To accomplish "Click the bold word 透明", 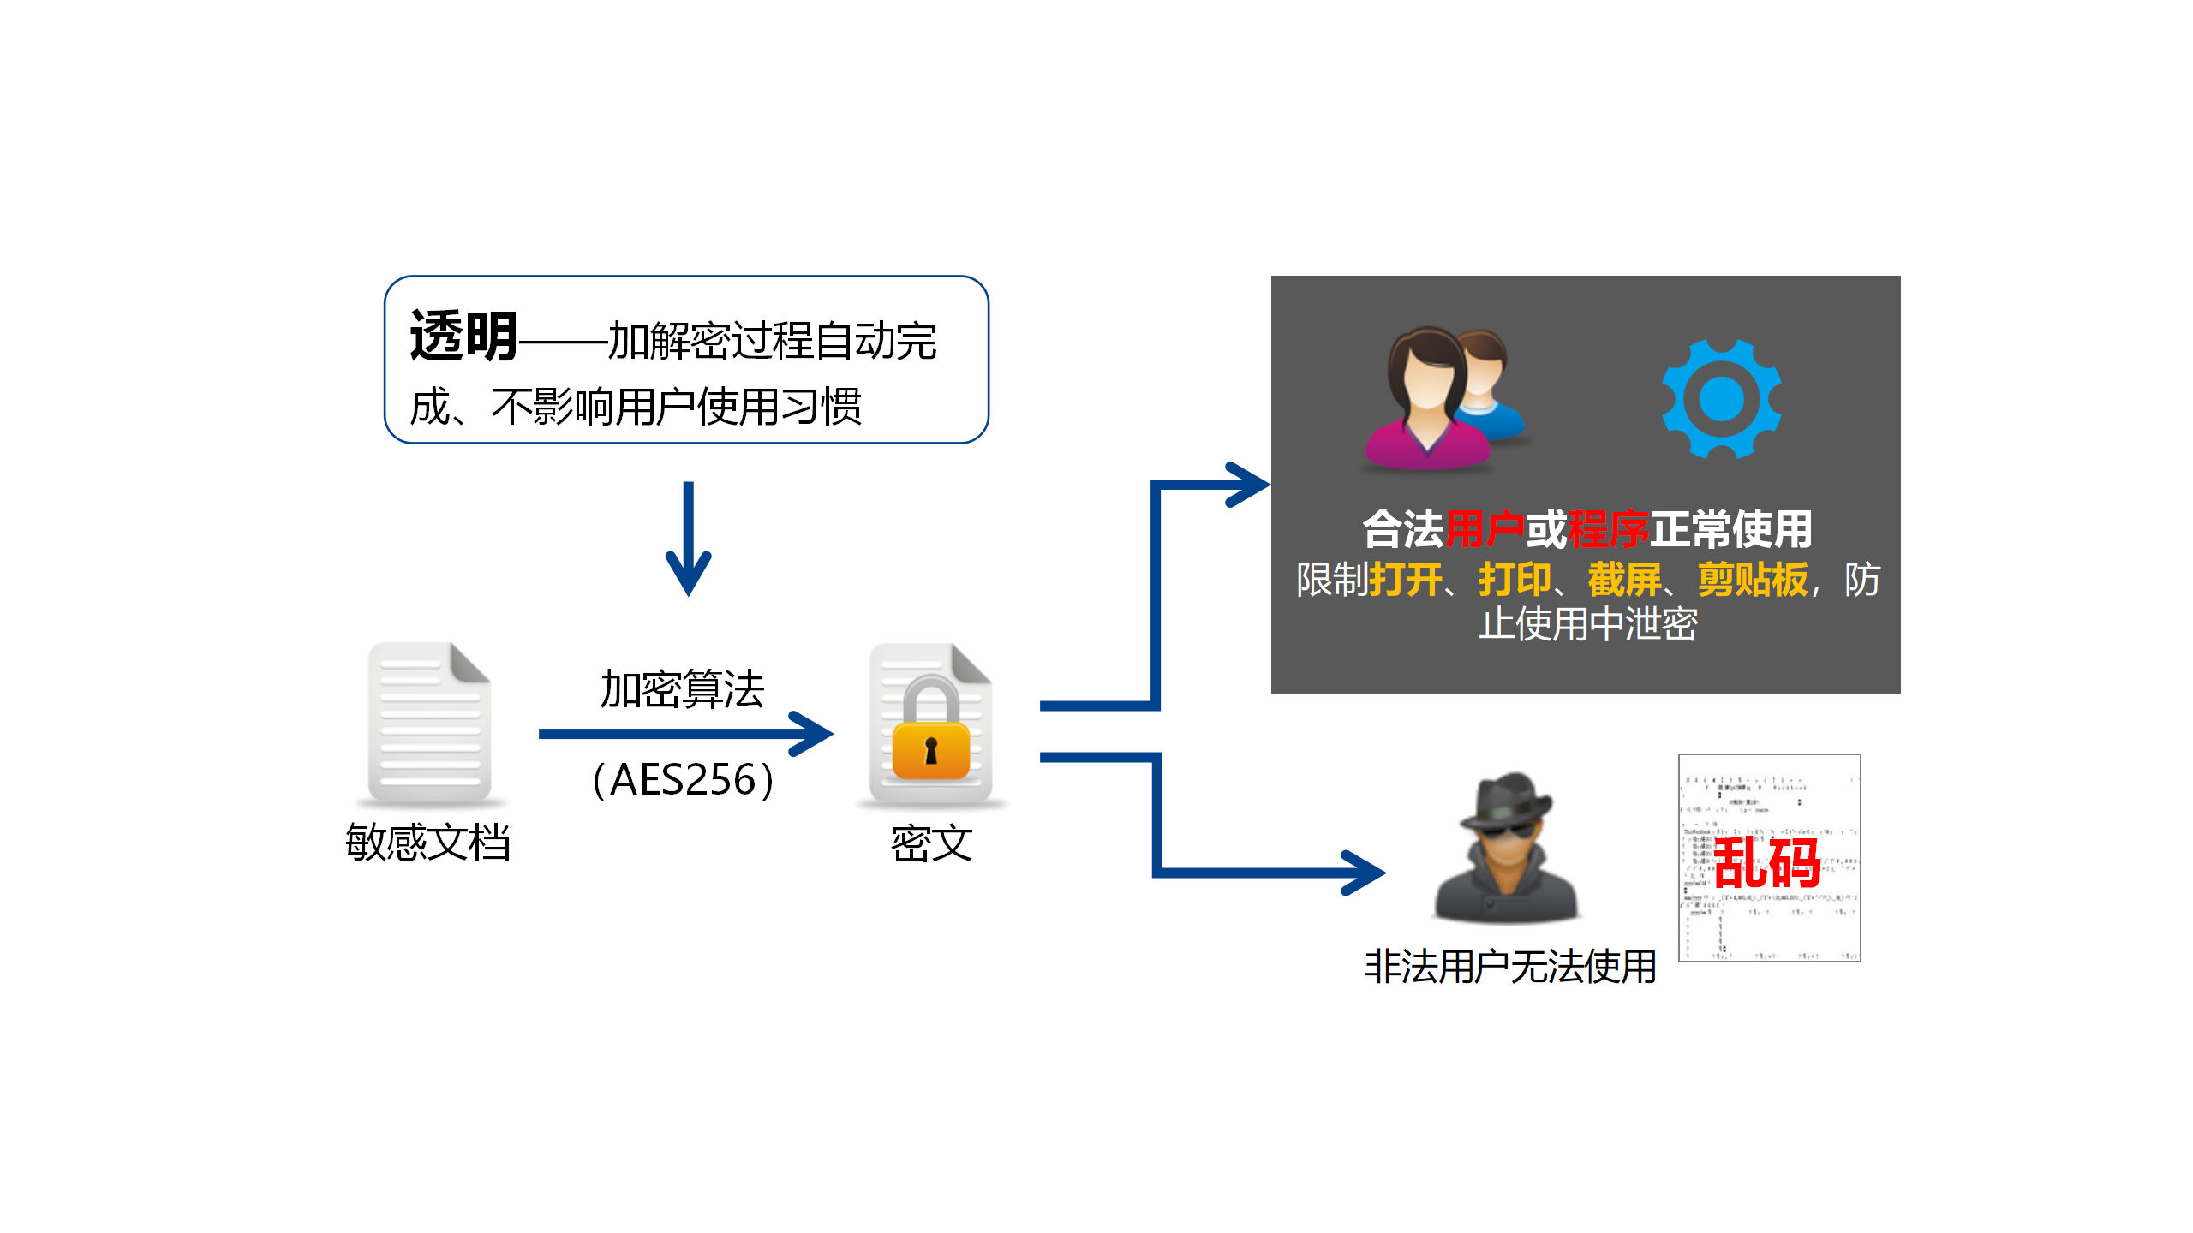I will click(x=463, y=337).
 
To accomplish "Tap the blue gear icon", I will click(x=1721, y=399).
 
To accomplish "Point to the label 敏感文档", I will click(x=427, y=843).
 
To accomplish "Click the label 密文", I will click(x=931, y=844).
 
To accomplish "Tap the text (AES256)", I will click(x=683, y=780).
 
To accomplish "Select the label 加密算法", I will click(x=682, y=690).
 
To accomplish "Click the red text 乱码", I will click(x=1766, y=862).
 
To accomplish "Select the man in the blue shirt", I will click(x=1489, y=385).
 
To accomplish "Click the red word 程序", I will click(x=1608, y=529).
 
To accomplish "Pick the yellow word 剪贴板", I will click(x=1752, y=580).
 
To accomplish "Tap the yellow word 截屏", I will click(x=1624, y=580).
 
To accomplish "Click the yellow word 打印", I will click(x=1515, y=580).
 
